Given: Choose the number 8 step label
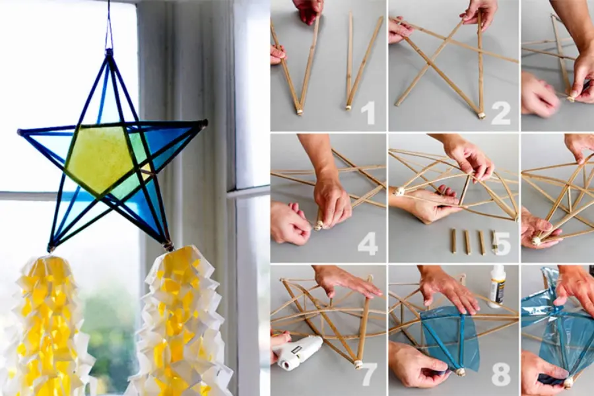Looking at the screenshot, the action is (502, 374).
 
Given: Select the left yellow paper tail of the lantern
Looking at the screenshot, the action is (48, 326).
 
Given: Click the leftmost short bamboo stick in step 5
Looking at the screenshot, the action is (453, 242).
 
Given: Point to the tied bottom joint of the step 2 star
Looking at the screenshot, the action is (482, 115).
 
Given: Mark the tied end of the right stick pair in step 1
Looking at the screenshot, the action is (348, 107).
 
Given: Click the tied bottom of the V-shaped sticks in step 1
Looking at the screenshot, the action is (299, 112).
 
